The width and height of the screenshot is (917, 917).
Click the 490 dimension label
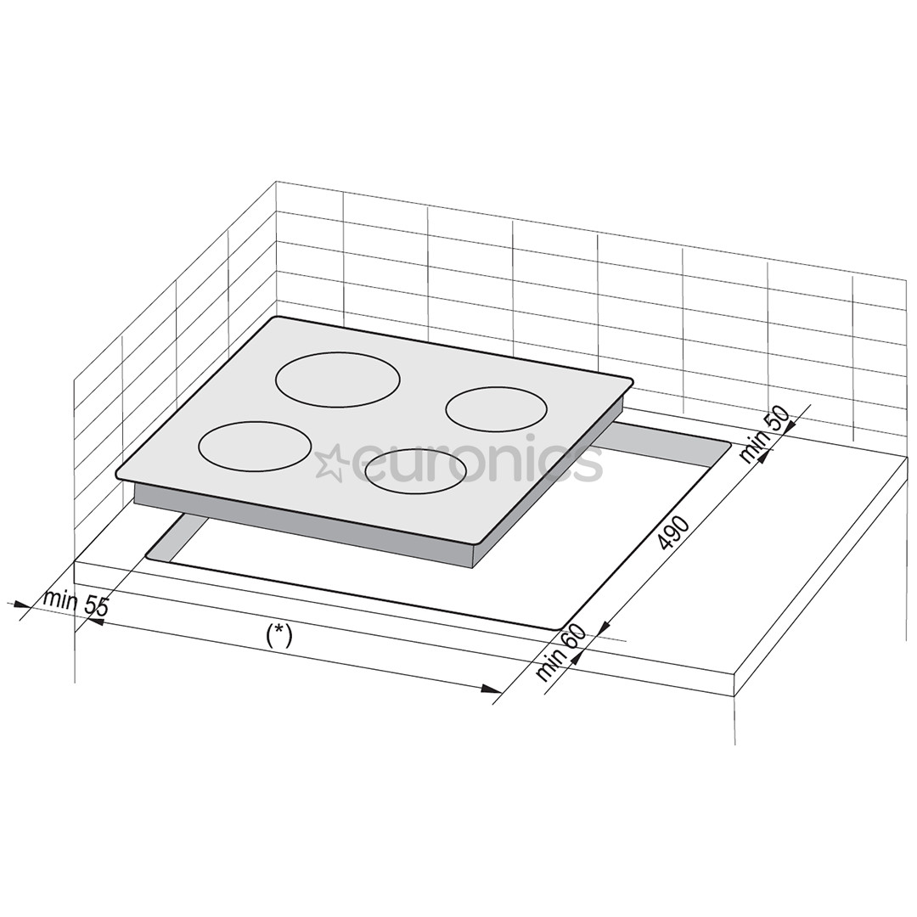(674, 532)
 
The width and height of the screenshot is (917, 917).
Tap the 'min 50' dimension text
(764, 434)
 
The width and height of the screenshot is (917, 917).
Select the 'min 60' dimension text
(560, 653)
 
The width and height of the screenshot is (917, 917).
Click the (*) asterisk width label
(278, 636)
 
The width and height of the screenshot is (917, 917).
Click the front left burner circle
(255, 447)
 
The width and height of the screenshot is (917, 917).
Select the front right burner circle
(416, 470)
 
